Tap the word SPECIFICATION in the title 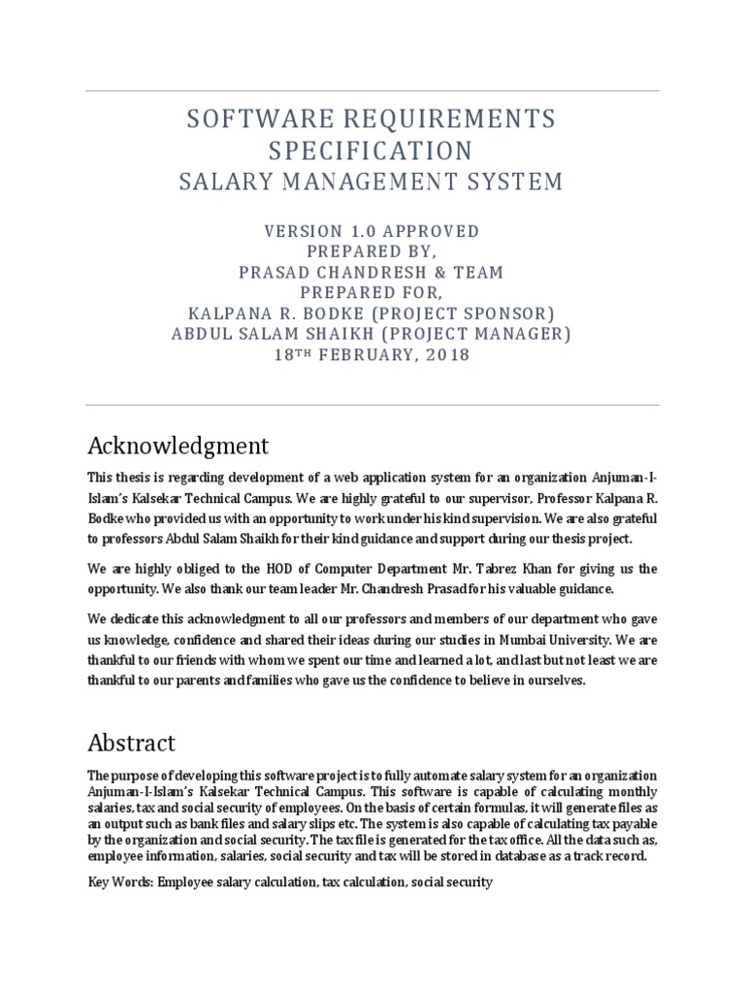(x=372, y=151)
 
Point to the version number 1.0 (x=355, y=232)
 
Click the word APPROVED (x=427, y=232)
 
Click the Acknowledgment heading (x=178, y=446)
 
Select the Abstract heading (x=132, y=743)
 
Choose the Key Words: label (x=120, y=882)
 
